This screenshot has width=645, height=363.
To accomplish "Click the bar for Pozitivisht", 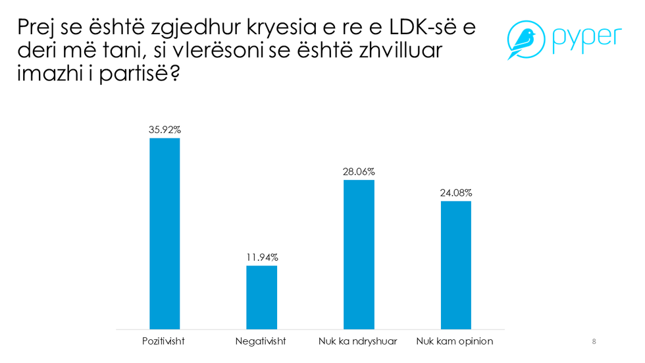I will [165, 233].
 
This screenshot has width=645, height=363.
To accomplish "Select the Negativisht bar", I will [261, 297].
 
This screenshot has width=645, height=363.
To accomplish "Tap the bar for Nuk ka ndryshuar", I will [359, 254].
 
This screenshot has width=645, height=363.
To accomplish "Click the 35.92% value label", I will [165, 130].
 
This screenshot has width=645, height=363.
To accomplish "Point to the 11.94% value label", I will [261, 257].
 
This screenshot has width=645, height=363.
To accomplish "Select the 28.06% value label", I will [359, 171].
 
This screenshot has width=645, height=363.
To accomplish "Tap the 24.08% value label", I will [455, 193].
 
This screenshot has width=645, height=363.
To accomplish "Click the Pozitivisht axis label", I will [164, 341].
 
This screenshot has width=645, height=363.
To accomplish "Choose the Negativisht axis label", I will [261, 341].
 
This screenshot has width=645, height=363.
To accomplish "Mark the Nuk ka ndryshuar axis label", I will [359, 341].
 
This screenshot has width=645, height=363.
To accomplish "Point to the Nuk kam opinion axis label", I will [455, 341].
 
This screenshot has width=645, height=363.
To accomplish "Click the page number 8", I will [594, 341].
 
